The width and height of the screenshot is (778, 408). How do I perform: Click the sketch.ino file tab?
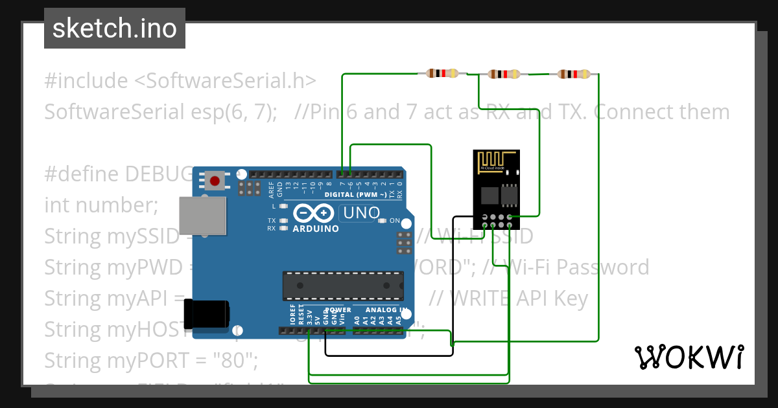click(x=115, y=28)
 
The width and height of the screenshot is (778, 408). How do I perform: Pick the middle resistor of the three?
click(x=504, y=74)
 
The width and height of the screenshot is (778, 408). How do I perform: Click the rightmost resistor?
click(x=574, y=74)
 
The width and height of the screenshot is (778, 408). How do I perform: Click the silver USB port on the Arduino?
click(x=202, y=216)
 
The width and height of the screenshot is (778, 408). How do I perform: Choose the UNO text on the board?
click(x=360, y=213)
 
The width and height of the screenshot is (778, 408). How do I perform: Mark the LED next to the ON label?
click(x=382, y=221)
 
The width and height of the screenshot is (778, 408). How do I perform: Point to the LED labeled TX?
click(x=283, y=221)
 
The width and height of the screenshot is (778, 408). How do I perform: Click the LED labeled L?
click(x=283, y=206)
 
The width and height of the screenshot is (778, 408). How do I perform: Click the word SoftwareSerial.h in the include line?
click(x=224, y=81)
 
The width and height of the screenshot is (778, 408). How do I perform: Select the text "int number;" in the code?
click(x=101, y=205)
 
